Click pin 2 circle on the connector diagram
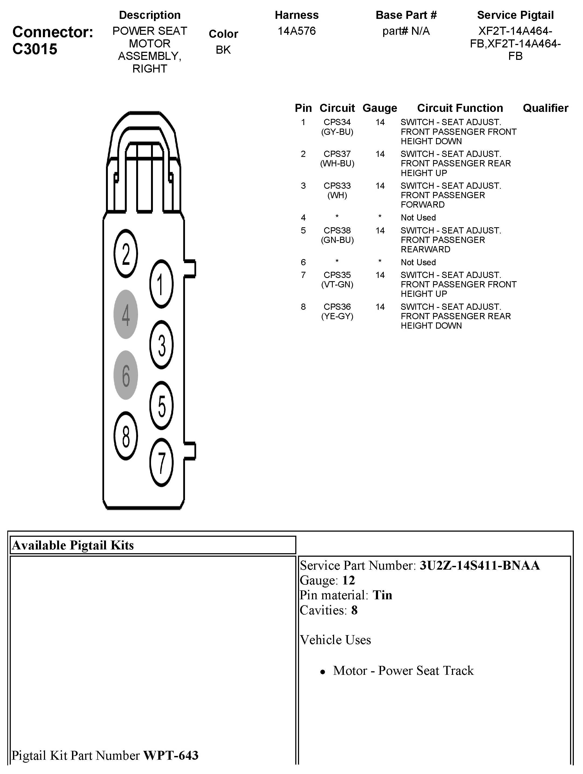(126, 254)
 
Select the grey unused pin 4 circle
(126, 314)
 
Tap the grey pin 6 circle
(126, 375)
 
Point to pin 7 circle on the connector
(161, 462)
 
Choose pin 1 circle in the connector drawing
(161, 284)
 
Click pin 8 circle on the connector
(126, 436)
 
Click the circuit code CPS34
(337, 122)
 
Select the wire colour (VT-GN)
(337, 284)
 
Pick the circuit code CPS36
(337, 307)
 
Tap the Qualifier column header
(545, 108)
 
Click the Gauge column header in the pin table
(380, 108)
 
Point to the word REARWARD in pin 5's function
(425, 249)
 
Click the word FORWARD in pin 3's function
(422, 205)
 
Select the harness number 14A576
(296, 31)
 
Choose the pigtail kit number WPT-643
(171, 755)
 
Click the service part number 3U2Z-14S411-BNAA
(479, 565)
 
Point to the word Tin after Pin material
(382, 595)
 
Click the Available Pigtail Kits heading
(73, 545)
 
